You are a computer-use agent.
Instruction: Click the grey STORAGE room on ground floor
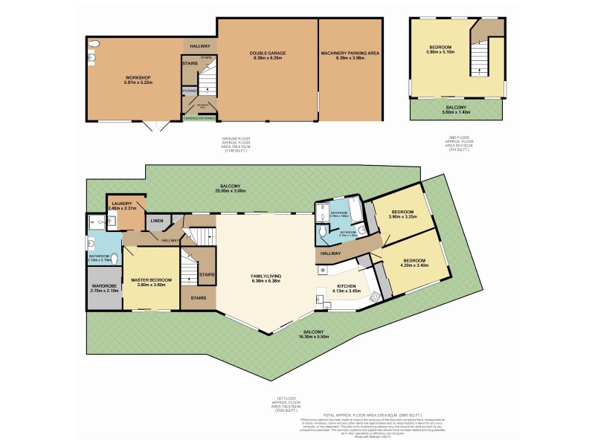190,91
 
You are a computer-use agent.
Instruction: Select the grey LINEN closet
157,221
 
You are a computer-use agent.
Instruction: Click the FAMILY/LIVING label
266,277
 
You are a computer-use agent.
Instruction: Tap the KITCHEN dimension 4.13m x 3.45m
345,291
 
